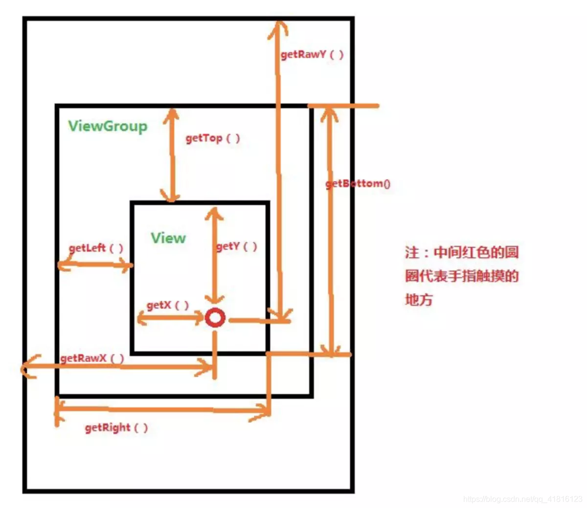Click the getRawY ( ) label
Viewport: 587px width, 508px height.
[312, 54]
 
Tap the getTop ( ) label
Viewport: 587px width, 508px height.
[213, 138]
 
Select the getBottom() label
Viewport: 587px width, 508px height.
[358, 184]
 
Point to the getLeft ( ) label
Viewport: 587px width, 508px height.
[96, 248]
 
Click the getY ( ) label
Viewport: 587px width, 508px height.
[237, 246]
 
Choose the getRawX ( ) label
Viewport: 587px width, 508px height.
[92, 358]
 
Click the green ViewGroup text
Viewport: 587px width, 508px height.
[108, 126]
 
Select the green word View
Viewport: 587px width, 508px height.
[168, 238]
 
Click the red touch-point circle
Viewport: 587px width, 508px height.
[215, 318]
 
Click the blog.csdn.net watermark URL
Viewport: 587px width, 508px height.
[522, 499]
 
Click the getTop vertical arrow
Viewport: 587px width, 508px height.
[171, 155]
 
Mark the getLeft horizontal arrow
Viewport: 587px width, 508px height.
[95, 265]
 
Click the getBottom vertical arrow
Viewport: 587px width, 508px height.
[331, 230]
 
